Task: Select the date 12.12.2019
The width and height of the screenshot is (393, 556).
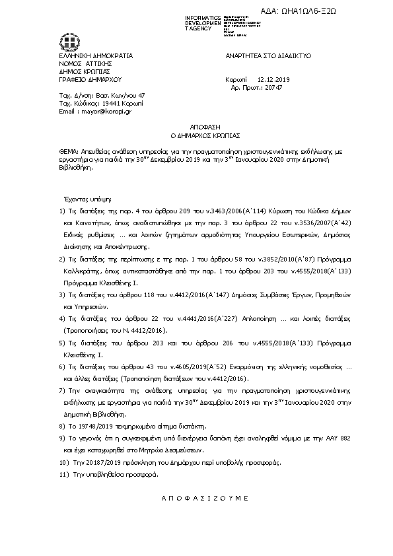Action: point(269,79)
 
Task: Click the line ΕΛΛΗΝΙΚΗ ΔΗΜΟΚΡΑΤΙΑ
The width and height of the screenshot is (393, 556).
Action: point(96,56)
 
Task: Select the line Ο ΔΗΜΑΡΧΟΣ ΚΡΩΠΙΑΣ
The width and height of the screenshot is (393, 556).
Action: point(196,135)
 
